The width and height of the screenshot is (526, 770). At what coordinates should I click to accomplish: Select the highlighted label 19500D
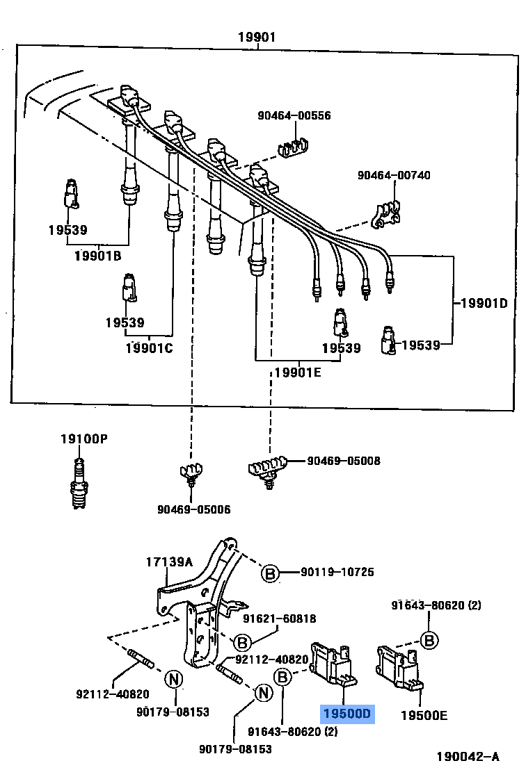(347, 714)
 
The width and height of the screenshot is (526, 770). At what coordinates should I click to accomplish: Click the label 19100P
(83, 439)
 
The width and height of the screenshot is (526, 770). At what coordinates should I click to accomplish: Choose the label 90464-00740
(394, 175)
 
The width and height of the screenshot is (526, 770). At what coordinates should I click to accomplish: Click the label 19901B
(98, 256)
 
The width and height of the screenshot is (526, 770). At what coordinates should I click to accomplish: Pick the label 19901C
(149, 347)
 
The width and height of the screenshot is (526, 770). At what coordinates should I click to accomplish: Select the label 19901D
(484, 303)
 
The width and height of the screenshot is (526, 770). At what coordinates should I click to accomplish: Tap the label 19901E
(298, 372)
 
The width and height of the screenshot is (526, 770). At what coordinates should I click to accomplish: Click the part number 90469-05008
(344, 461)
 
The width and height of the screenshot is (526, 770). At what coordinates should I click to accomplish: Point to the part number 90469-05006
(194, 509)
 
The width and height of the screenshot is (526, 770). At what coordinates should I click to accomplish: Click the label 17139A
(169, 562)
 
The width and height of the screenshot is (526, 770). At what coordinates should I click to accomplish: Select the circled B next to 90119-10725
(270, 573)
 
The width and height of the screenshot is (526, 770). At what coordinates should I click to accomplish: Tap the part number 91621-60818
(280, 619)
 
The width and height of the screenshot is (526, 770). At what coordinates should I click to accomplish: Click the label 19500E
(424, 714)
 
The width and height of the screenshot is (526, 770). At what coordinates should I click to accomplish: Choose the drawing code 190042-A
(468, 756)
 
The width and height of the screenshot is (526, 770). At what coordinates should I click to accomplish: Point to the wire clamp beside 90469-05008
(267, 468)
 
